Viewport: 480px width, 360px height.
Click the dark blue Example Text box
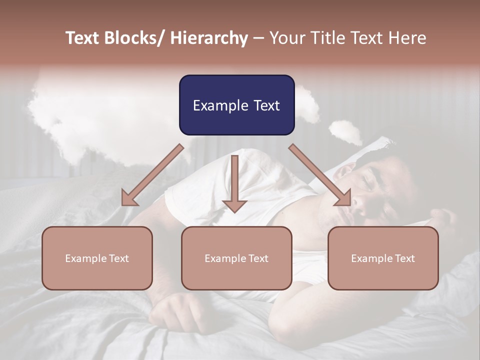point(236,105)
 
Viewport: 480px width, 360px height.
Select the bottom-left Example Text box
point(97,258)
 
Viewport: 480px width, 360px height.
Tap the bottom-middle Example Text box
point(236,258)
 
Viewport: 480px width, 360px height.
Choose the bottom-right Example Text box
point(383,258)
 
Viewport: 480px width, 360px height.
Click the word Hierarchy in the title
point(209,38)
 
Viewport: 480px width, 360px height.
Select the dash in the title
point(258,38)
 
